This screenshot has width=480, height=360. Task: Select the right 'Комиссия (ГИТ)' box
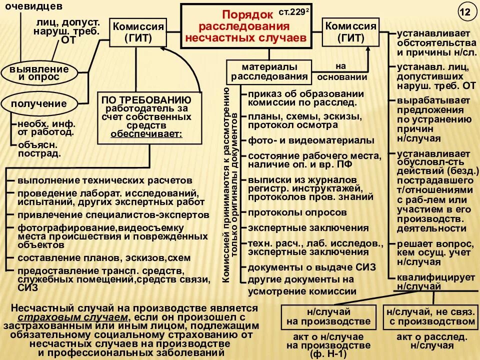point(350,32)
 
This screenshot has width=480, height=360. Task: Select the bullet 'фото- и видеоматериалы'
point(310,140)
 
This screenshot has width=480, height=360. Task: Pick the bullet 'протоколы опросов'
point(297,212)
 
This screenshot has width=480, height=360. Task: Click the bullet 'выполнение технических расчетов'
point(104,179)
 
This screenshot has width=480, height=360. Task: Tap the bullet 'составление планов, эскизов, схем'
point(104,258)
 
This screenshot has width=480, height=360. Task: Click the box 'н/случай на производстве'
point(328,316)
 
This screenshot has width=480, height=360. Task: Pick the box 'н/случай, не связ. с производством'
point(430,316)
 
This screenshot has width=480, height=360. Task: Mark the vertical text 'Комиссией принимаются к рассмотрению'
point(226,185)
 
